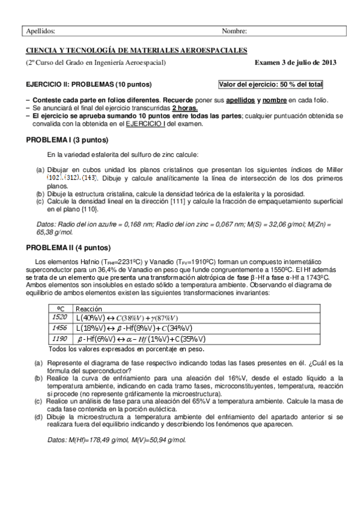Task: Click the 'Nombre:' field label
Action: click(234, 31)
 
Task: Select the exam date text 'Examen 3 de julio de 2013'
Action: click(296, 63)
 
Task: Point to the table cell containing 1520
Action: click(60, 317)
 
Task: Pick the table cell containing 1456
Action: click(60, 328)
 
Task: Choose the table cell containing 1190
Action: click(60, 339)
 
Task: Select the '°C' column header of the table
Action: click(60, 307)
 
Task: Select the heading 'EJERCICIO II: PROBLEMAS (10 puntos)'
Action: click(88, 84)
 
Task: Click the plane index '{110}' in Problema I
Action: click(90, 209)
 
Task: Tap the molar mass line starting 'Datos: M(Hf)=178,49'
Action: click(117, 440)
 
